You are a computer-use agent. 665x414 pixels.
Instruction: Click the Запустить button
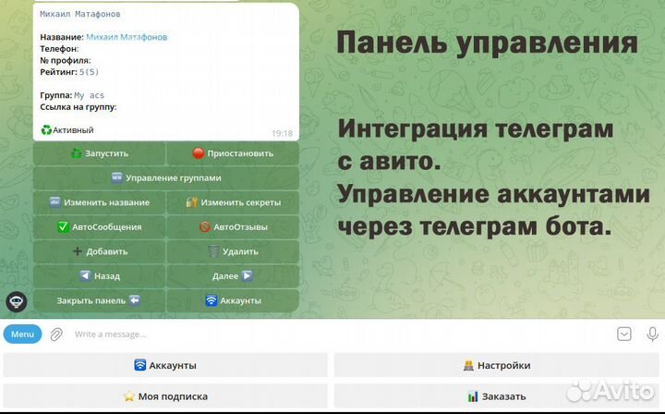(100, 153)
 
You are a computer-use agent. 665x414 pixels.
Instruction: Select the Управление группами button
(166, 177)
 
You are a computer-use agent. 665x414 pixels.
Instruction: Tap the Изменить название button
(100, 202)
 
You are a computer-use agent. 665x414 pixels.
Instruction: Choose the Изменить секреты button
(233, 202)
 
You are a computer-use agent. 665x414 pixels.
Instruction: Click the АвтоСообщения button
(100, 226)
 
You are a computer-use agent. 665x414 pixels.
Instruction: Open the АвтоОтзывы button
(233, 226)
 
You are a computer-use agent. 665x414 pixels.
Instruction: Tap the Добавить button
(100, 251)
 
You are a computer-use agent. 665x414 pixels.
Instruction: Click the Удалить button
(233, 251)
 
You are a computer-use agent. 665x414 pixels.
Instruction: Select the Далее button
(233, 275)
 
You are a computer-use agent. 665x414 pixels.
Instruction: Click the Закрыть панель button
(100, 300)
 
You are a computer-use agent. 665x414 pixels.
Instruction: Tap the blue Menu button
(22, 334)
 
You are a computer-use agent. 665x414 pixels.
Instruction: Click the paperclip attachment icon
(56, 334)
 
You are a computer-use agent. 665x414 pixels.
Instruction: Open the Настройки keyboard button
(497, 365)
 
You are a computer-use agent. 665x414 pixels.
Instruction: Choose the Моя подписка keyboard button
(165, 396)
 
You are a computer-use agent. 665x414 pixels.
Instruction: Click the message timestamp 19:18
(282, 133)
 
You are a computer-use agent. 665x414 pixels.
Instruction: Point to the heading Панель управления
(487, 43)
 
